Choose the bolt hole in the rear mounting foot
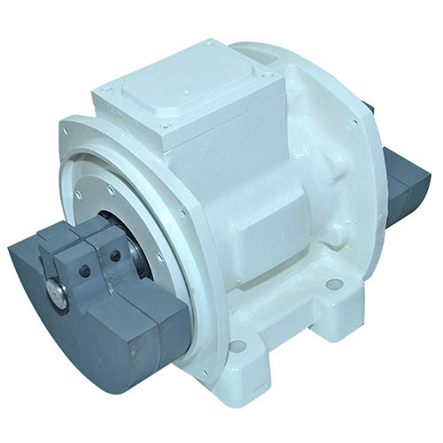point(334,285)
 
